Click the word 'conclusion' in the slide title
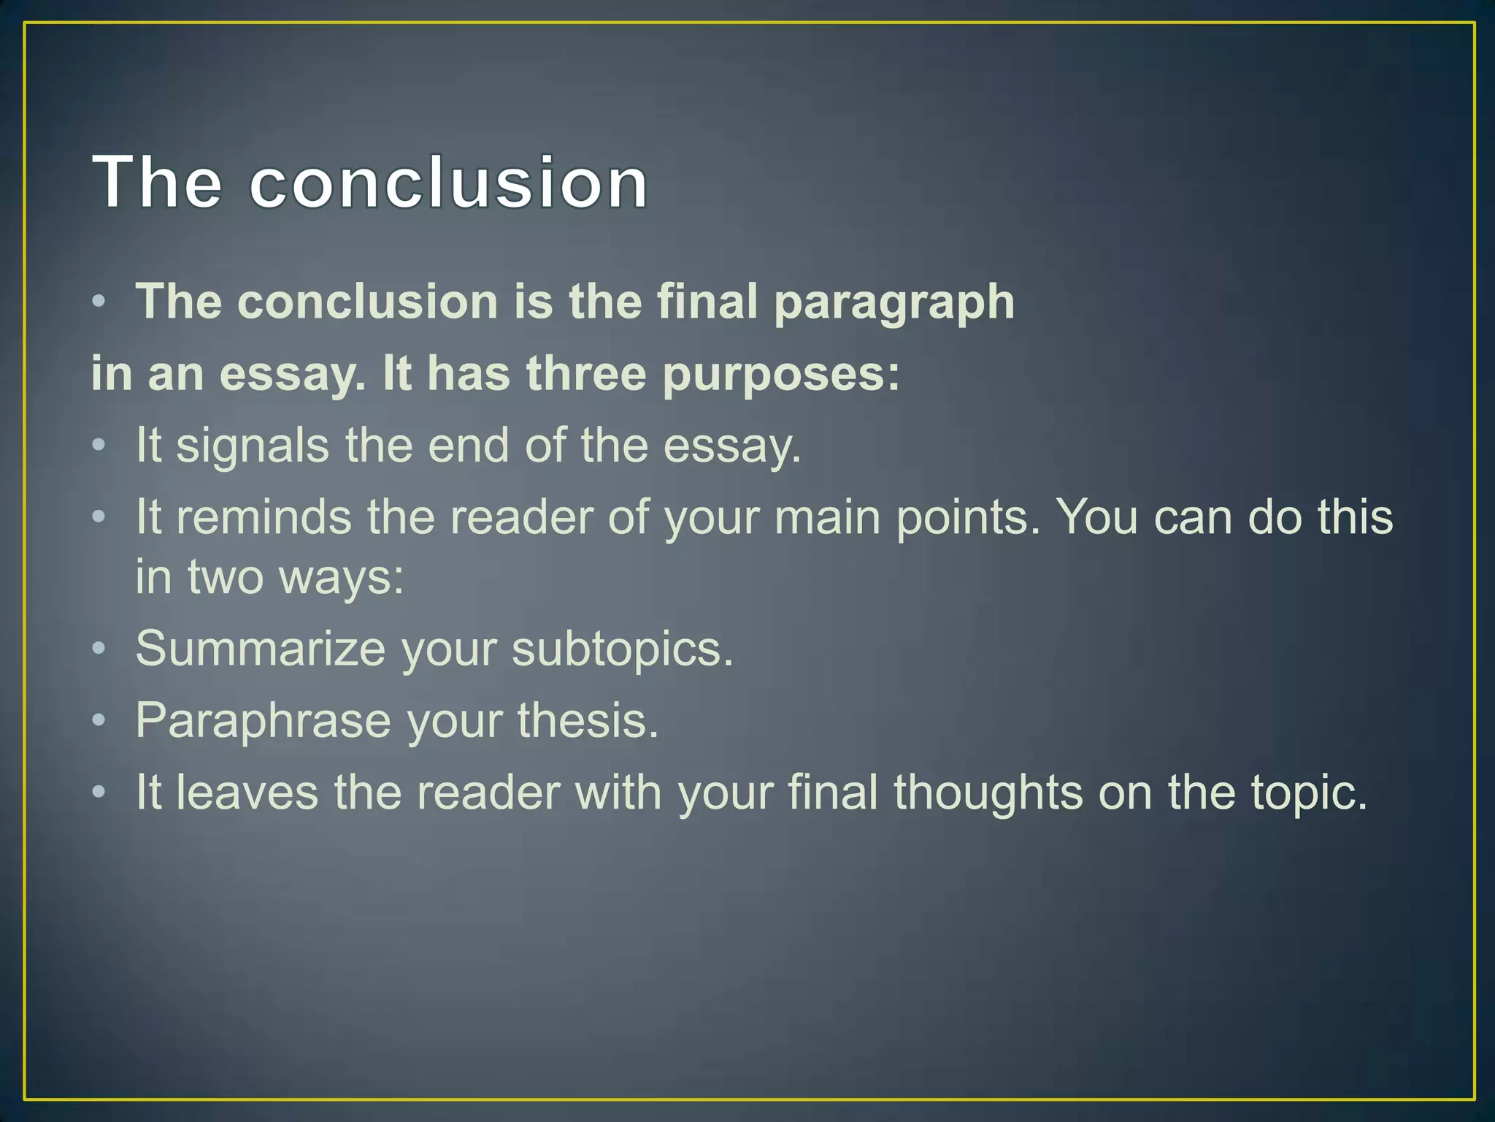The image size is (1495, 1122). tap(448, 182)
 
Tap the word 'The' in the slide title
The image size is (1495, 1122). tap(156, 182)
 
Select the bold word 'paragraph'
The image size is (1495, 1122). tap(893, 303)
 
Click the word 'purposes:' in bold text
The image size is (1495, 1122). tap(781, 375)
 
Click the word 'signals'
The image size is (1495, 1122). tap(253, 446)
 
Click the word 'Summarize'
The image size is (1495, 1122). tap(260, 649)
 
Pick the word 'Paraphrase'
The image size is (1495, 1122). tap(264, 721)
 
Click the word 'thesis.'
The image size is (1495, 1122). tap(588, 721)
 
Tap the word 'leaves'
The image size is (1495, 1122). tap(247, 793)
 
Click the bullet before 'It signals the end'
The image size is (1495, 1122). tap(99, 445)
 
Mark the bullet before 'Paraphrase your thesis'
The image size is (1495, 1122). tap(99, 721)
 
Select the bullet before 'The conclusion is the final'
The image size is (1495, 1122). tap(99, 302)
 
